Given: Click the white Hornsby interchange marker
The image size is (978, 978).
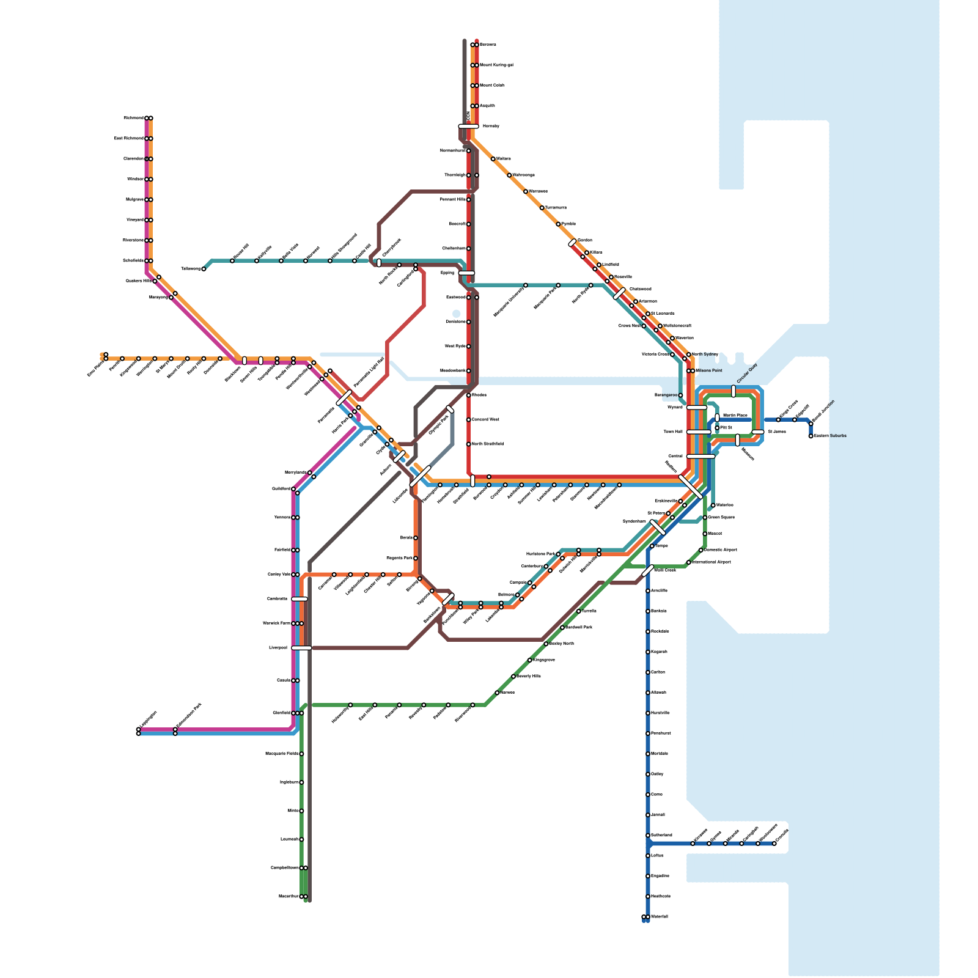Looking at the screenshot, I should [468, 127].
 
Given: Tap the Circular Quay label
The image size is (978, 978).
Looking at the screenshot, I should [747, 373].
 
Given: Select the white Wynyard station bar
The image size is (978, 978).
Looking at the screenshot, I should [697, 407].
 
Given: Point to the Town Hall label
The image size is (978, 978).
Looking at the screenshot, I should [673, 432].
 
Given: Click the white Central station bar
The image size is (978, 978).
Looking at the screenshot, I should [700, 456].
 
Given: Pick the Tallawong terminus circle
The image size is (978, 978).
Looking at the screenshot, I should [204, 269].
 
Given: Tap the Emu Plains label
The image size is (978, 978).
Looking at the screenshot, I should [95, 369].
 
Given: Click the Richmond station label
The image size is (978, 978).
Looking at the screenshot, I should [133, 118].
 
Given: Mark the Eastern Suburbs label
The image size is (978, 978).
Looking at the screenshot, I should [831, 436].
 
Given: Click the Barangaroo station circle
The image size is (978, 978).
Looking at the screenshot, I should [681, 395].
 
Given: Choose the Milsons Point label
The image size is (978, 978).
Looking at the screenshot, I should [709, 370].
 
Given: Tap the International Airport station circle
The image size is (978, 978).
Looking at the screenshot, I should [689, 562].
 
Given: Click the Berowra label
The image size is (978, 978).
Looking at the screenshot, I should [488, 45].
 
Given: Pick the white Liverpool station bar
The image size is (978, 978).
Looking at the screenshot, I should [301, 647].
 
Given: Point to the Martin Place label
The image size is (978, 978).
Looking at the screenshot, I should [735, 415].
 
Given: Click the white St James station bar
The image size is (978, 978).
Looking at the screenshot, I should [758, 432].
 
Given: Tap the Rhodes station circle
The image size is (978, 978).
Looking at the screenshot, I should [469, 395].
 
